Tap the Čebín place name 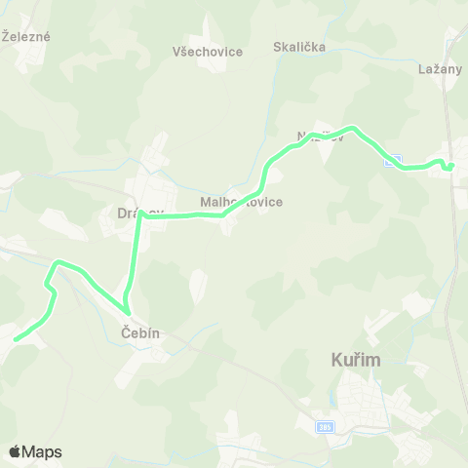[x=140, y=333]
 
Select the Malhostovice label [x=241, y=202]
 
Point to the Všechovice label [x=208, y=52]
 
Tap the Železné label [x=26, y=37]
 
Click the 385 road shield [x=325, y=427]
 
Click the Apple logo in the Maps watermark [x=16, y=451]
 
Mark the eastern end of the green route [x=451, y=167]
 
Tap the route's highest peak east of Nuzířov [x=353, y=128]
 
